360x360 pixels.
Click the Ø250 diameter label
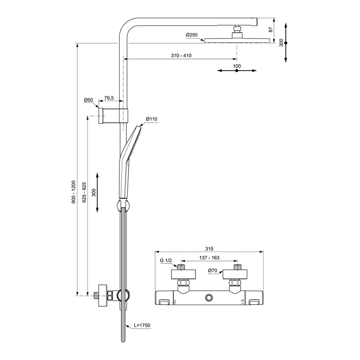pyautogui.click(x=192, y=35)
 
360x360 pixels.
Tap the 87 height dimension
pyautogui.click(x=270, y=30)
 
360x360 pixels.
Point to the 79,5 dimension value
pyautogui.click(x=109, y=98)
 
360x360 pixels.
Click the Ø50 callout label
pyautogui.click(x=88, y=100)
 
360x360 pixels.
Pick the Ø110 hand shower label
pyautogui.click(x=151, y=119)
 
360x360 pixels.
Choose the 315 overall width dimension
pyautogui.click(x=209, y=249)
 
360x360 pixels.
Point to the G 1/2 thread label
pyautogui.click(x=167, y=261)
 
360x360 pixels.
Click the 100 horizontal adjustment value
pyautogui.click(x=237, y=66)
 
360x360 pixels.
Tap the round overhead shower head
pyautogui.click(x=236, y=41)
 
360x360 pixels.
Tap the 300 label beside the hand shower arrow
pyautogui.click(x=94, y=192)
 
